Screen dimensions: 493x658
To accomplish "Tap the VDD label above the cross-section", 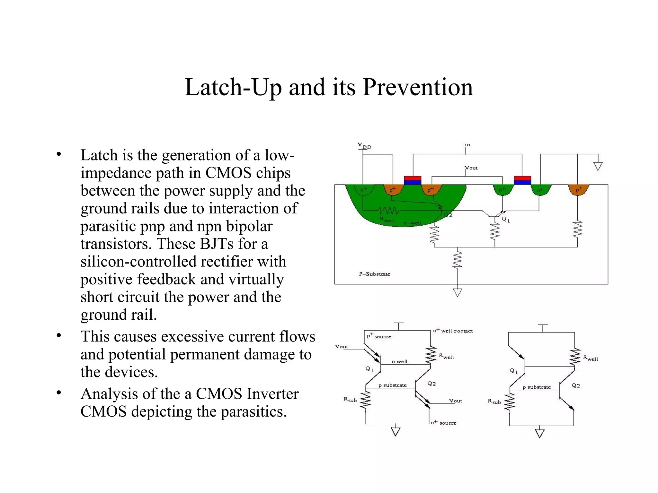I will [x=364, y=146].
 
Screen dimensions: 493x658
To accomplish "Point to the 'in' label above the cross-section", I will [x=467, y=145].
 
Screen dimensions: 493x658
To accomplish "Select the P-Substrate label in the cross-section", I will [x=375, y=274].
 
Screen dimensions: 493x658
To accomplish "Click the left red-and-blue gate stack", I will [x=413, y=180].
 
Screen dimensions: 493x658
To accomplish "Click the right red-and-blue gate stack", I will [x=522, y=180].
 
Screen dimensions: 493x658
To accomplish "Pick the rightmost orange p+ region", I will [x=578, y=189].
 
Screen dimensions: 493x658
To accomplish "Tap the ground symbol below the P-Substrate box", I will [x=458, y=292].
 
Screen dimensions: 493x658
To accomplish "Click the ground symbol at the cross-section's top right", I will [x=598, y=166].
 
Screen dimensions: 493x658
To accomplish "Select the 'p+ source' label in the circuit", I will [x=379, y=336].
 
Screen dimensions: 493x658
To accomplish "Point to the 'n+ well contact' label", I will [x=453, y=331].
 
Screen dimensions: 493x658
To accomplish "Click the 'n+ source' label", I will [x=444, y=423].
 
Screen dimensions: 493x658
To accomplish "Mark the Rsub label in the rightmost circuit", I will [x=494, y=402].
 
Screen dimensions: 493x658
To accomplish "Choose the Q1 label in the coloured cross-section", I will [x=506, y=220].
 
